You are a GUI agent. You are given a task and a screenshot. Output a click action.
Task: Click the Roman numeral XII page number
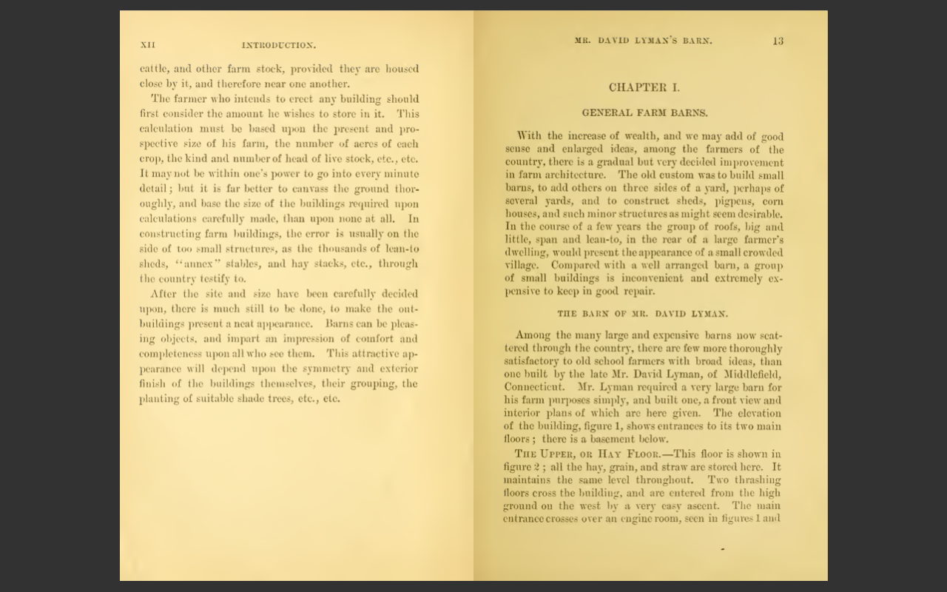(x=147, y=45)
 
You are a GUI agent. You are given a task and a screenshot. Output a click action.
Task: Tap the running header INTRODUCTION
(x=278, y=45)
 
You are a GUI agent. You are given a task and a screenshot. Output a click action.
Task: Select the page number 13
(x=778, y=41)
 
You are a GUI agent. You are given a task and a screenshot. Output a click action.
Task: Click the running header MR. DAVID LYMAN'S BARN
(x=644, y=41)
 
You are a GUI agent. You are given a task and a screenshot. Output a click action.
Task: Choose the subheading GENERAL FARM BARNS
(x=644, y=113)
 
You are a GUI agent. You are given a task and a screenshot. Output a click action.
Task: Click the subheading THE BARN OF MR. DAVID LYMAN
(x=642, y=314)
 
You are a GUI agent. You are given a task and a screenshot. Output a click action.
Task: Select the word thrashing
(x=755, y=480)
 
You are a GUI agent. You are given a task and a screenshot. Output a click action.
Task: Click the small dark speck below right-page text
(x=722, y=549)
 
